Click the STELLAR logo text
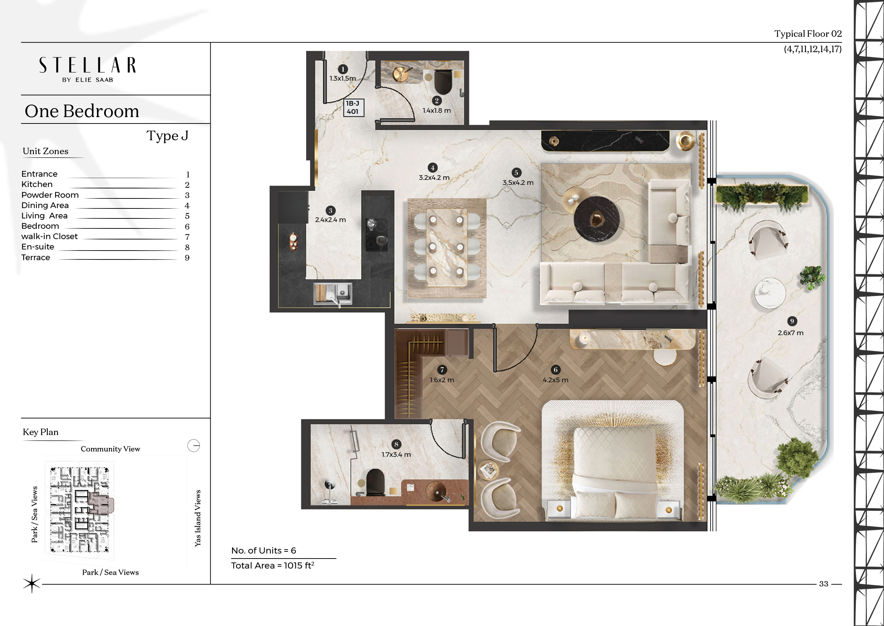[87, 65]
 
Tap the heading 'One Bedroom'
[82, 111]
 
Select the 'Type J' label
[168, 136]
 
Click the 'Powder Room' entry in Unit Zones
[50, 195]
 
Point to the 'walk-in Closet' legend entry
[49, 236]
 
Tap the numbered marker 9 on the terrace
[792, 321]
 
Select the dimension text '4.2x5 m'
[555, 380]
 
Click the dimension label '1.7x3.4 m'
[396, 454]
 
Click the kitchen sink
[333, 294]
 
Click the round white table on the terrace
[770, 293]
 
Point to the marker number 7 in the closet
[442, 370]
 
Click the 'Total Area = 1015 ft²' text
[273, 565]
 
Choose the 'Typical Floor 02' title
[808, 34]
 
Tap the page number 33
[823, 584]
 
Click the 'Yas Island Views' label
[197, 518]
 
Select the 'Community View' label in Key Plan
[110, 449]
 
